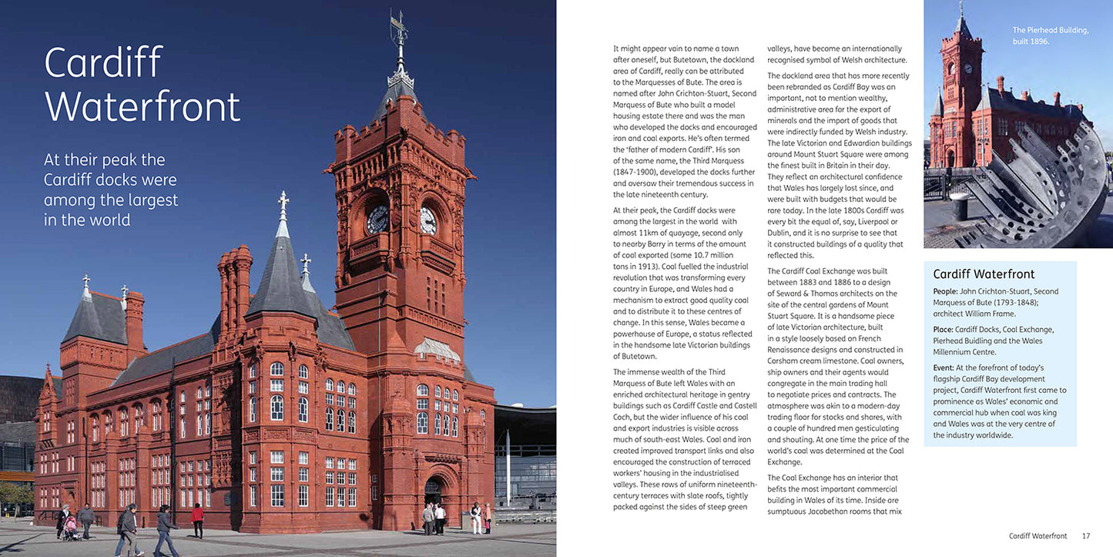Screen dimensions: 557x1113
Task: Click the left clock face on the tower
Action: coord(377,220)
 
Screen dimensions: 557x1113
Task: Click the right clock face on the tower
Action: coord(427,220)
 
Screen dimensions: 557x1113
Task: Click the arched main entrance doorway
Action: coord(434,493)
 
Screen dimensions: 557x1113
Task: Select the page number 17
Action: coord(1086,536)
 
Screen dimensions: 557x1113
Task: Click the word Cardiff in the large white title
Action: coord(103,63)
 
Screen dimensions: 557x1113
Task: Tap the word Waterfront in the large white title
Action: coord(142,107)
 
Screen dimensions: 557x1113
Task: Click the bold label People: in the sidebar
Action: coord(950,291)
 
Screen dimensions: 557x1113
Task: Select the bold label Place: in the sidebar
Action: coord(947,330)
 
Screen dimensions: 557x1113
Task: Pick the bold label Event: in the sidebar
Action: coord(947,368)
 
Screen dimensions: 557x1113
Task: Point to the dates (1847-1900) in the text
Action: coord(635,172)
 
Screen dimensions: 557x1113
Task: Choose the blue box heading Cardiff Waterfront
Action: coord(984,274)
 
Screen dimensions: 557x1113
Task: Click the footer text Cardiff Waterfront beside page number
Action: coord(1038,536)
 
